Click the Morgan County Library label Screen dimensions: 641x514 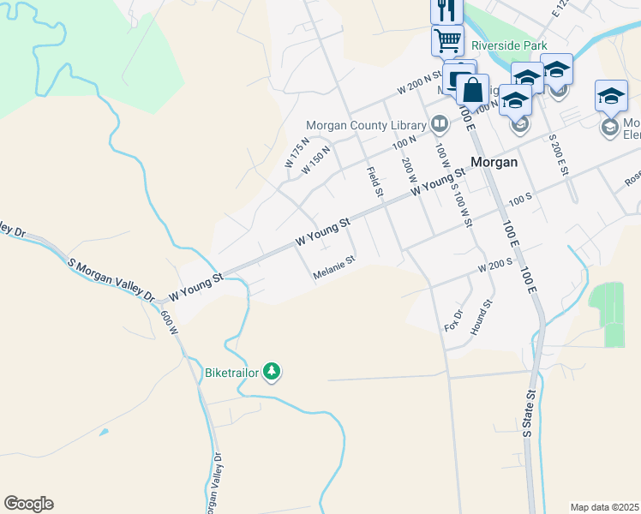click(366, 125)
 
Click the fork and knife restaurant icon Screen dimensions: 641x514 click(446, 10)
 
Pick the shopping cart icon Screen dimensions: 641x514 click(446, 39)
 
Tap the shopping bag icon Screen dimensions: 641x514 click(472, 88)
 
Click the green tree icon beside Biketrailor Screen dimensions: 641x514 click(272, 372)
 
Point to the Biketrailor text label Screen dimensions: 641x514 click(231, 373)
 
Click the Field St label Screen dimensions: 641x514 click(374, 181)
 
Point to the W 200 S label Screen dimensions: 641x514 click(494, 267)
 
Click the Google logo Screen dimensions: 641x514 click(28, 504)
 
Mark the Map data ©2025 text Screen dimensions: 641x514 click(604, 506)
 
